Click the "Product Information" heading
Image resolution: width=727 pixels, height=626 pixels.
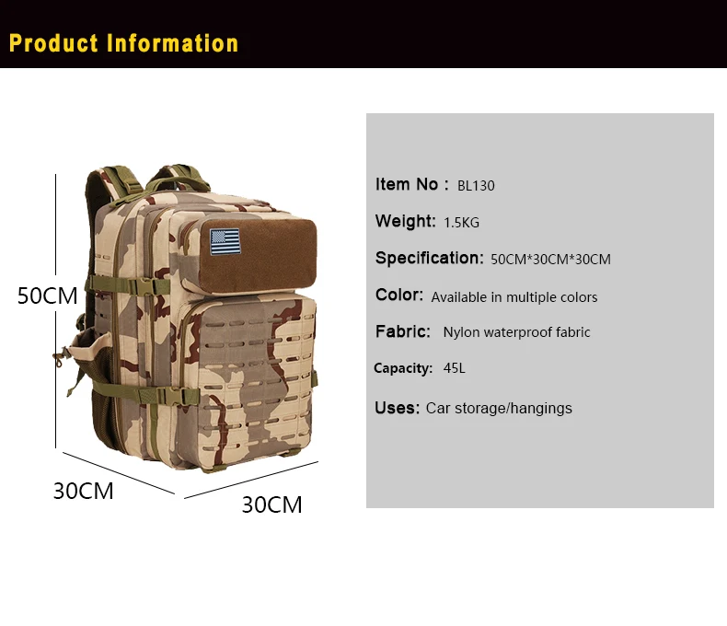(123, 43)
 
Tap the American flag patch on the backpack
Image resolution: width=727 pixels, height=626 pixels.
(225, 241)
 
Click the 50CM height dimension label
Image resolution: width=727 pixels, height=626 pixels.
(47, 296)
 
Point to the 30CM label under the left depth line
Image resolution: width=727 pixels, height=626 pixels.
(84, 491)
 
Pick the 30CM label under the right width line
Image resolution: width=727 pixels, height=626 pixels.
(271, 504)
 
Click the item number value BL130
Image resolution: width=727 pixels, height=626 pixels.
(476, 185)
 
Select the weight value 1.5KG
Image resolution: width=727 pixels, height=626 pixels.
(461, 223)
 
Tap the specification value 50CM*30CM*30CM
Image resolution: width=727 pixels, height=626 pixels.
(550, 260)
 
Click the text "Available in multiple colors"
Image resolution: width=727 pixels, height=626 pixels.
(514, 296)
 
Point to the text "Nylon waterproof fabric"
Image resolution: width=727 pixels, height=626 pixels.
(516, 332)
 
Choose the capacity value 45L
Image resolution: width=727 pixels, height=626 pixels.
(454, 368)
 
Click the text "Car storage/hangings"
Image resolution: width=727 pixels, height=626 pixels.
(499, 408)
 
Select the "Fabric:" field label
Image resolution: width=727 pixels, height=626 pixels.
(403, 331)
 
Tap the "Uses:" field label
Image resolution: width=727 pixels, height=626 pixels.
(397, 408)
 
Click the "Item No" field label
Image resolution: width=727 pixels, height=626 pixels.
(407, 184)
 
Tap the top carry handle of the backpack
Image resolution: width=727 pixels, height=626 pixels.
(179, 180)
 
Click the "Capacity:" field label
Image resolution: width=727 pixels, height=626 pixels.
(403, 368)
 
